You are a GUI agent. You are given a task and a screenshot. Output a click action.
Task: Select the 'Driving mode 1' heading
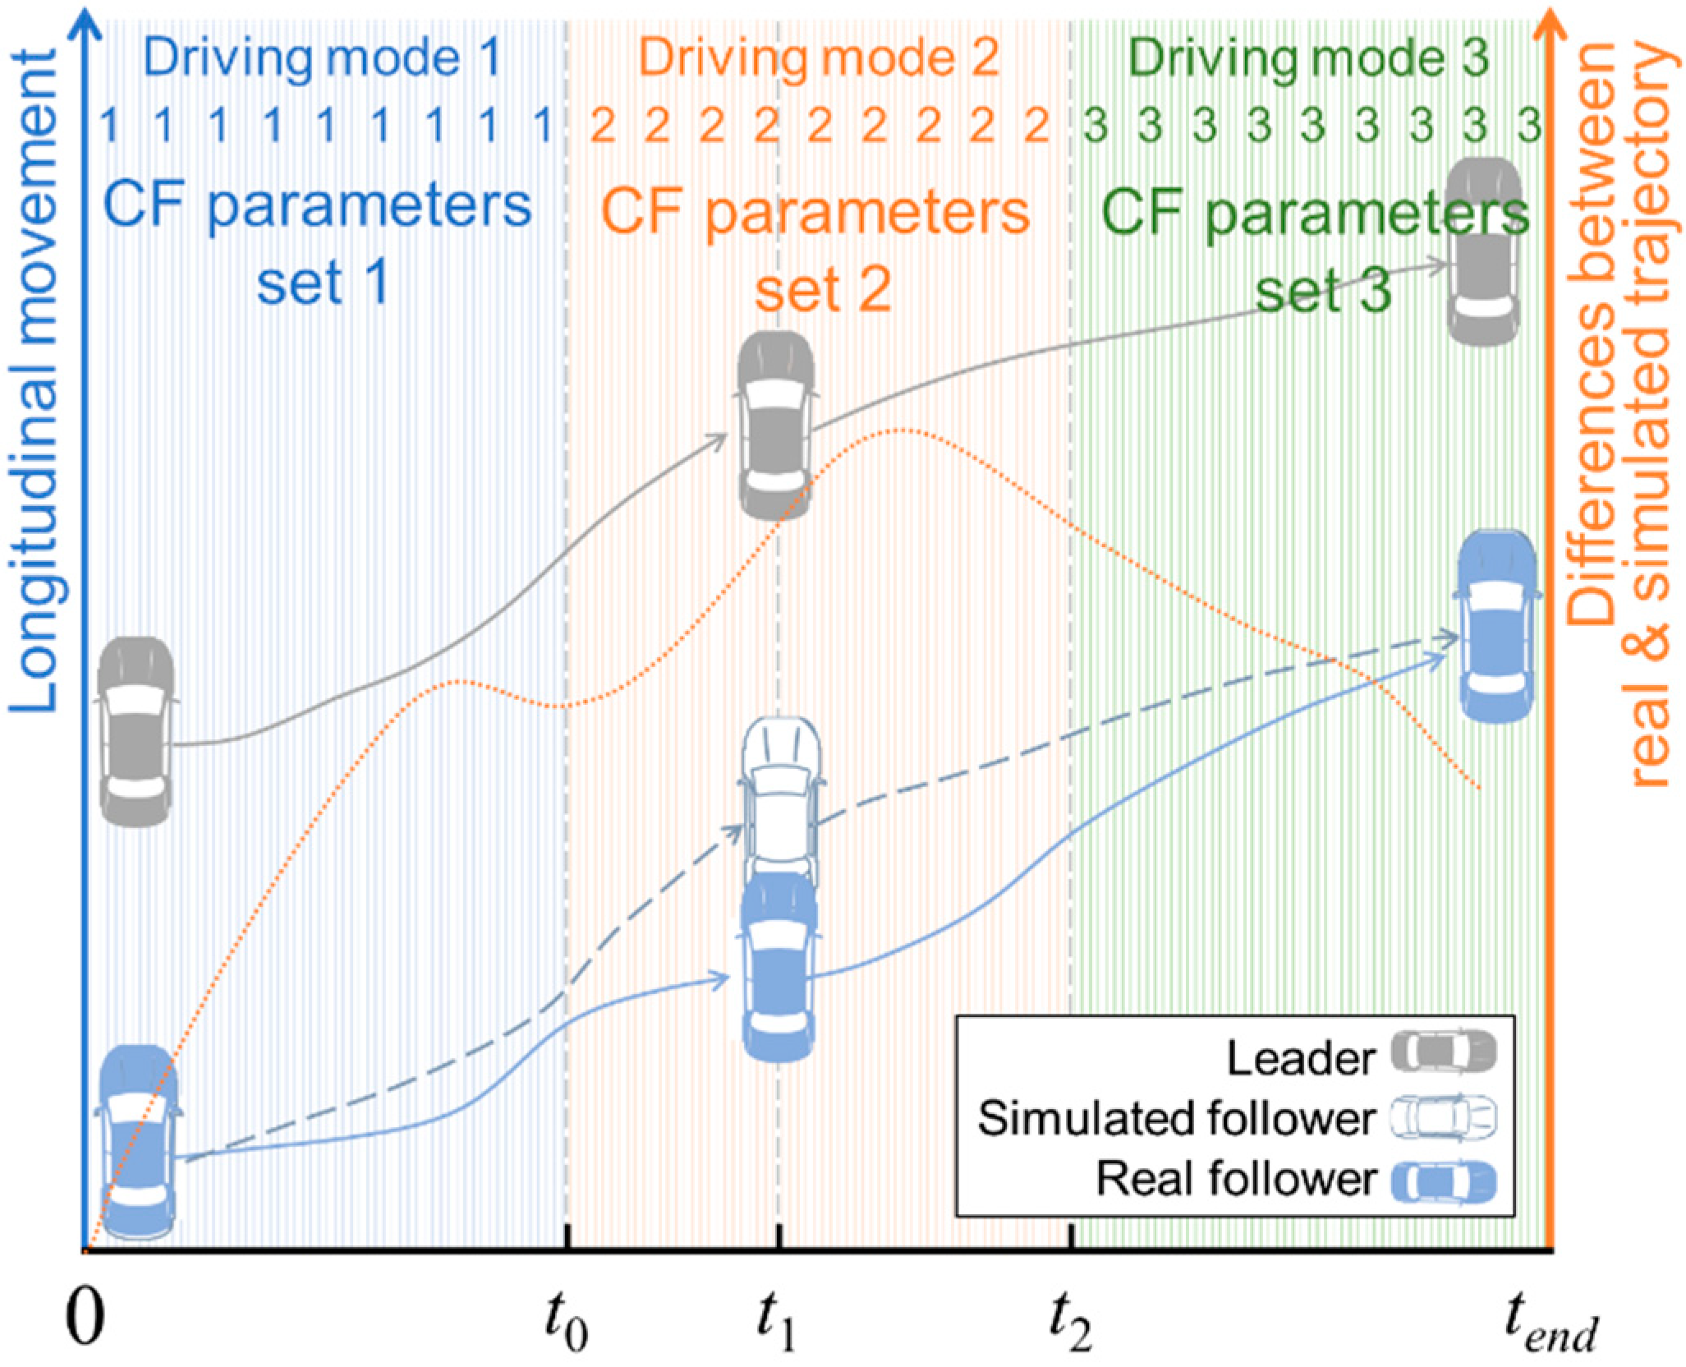point(324,60)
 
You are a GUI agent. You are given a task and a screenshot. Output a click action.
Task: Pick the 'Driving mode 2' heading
point(820,60)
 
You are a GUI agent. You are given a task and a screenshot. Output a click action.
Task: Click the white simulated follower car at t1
point(779,793)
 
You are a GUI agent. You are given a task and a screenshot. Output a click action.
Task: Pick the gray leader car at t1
point(776,426)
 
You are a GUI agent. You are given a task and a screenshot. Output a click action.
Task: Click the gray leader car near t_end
point(1483,251)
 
